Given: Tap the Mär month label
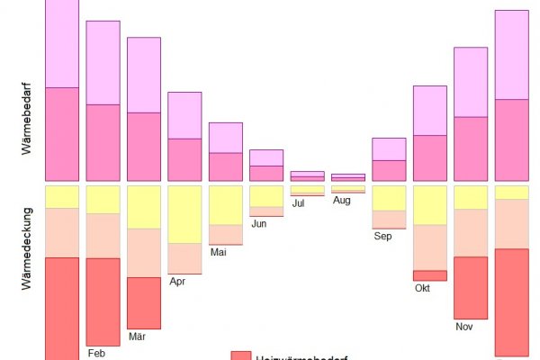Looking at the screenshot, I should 138,337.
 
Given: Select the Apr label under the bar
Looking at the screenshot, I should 178,281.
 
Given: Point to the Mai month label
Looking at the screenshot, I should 219,252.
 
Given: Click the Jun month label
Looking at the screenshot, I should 259,223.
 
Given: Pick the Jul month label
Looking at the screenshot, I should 299,203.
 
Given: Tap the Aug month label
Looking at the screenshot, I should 341,200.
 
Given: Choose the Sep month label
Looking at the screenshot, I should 382,237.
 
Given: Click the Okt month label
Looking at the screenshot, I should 423,288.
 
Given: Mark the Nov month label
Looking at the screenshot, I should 464,326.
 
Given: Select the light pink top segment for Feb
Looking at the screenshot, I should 103,62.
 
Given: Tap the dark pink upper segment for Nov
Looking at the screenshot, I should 471,148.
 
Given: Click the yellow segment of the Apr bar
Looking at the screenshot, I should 184,214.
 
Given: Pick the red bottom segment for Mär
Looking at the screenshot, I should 143,302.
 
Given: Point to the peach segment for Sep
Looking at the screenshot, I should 389,220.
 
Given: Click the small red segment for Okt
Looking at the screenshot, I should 429,275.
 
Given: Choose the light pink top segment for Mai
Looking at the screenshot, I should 226,138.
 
